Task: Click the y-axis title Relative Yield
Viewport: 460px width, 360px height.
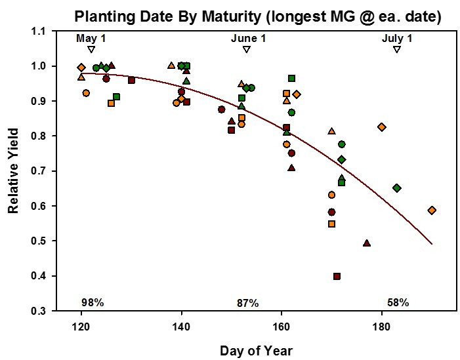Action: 13,171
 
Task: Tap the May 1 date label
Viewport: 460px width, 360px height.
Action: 91,39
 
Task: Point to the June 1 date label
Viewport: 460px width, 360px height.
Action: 248,39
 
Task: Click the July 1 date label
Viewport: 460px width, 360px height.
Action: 397,39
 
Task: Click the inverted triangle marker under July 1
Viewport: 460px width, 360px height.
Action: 397,50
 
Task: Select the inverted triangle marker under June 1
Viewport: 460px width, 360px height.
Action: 247,50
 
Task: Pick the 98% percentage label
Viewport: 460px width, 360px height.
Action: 93,302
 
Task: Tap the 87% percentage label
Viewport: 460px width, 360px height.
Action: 247,303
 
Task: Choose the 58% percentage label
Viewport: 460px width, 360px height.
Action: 398,302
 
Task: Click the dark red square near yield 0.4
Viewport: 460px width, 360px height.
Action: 337,277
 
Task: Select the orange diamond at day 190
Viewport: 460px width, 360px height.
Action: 432,210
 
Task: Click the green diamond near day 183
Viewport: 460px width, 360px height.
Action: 396,188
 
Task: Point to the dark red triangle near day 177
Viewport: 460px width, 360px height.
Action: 367,243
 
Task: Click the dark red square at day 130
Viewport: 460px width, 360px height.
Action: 131,80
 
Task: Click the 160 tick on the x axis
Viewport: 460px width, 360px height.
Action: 282,325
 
